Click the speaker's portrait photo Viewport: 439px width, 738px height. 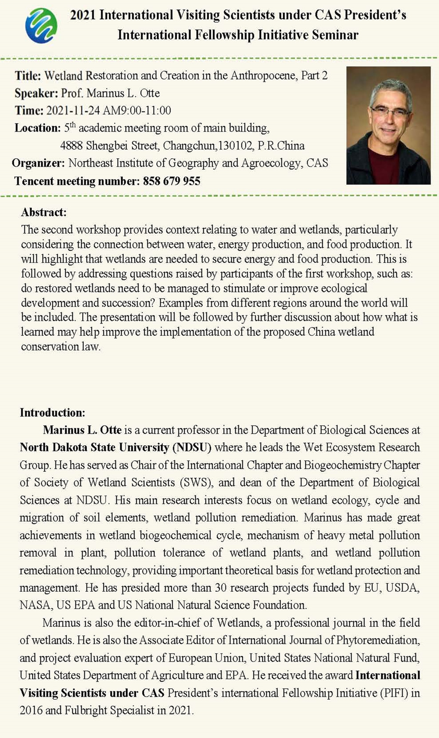tap(388, 125)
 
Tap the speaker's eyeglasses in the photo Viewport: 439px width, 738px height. tap(389, 111)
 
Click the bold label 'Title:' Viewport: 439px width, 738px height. tap(28, 76)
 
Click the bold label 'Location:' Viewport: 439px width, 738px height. tap(37, 128)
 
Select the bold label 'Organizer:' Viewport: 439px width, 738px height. tap(38, 163)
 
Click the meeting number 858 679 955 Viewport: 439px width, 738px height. tap(171, 181)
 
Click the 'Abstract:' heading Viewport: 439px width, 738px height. tap(44, 212)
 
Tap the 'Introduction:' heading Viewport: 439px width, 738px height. tap(52, 413)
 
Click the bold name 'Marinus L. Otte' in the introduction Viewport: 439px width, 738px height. tap(82, 430)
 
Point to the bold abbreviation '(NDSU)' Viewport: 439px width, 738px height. tap(192, 447)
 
